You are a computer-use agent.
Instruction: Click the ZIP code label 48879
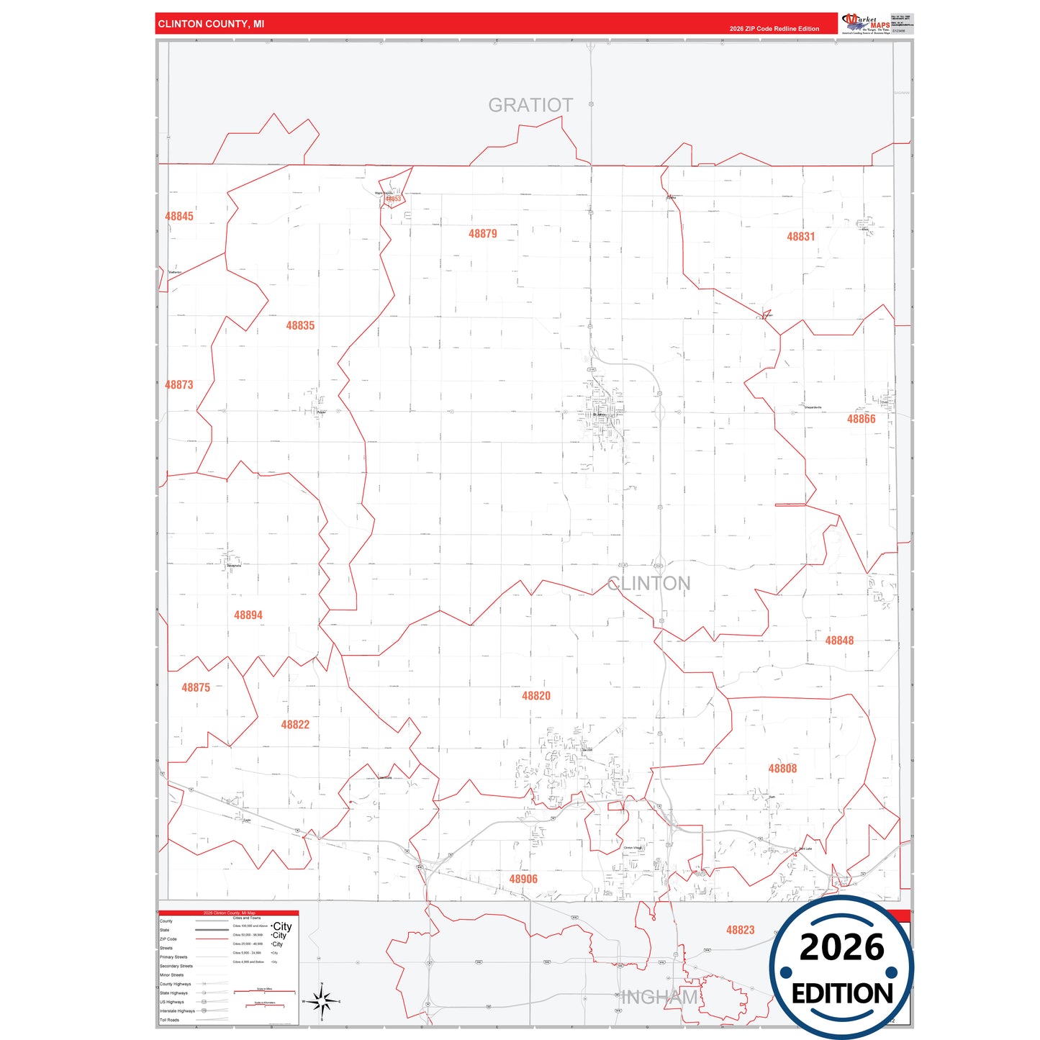pos(482,234)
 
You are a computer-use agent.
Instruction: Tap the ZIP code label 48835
pos(300,325)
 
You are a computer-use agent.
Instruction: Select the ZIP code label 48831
pos(800,237)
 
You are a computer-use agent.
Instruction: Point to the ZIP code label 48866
pos(861,419)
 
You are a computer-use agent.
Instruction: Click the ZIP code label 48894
pos(248,615)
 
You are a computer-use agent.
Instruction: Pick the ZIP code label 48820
pos(536,696)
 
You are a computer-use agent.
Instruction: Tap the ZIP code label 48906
pos(523,879)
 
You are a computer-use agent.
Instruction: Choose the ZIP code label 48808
pos(782,769)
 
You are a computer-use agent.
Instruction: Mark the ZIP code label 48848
pos(839,641)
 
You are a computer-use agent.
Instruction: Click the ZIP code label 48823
pos(740,930)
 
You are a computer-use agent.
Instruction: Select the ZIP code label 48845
pos(179,216)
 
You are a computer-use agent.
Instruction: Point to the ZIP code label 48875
pos(196,687)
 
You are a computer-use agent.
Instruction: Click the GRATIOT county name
pos(530,105)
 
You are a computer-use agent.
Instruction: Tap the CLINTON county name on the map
pos(648,583)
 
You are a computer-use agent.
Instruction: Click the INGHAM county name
pos(659,997)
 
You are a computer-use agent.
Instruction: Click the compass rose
pos(322,1001)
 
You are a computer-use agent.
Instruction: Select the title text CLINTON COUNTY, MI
pos(211,24)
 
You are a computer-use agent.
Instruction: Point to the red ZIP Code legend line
pos(212,939)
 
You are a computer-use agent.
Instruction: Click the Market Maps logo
pos(866,23)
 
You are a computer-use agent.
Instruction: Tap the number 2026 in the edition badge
pos(841,947)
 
